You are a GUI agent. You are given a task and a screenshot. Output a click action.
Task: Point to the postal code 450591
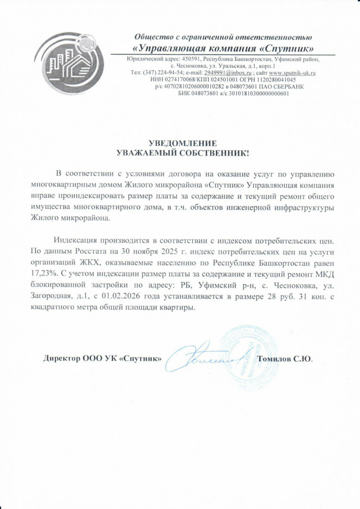click(188, 59)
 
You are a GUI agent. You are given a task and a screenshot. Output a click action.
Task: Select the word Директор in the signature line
click(62, 358)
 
